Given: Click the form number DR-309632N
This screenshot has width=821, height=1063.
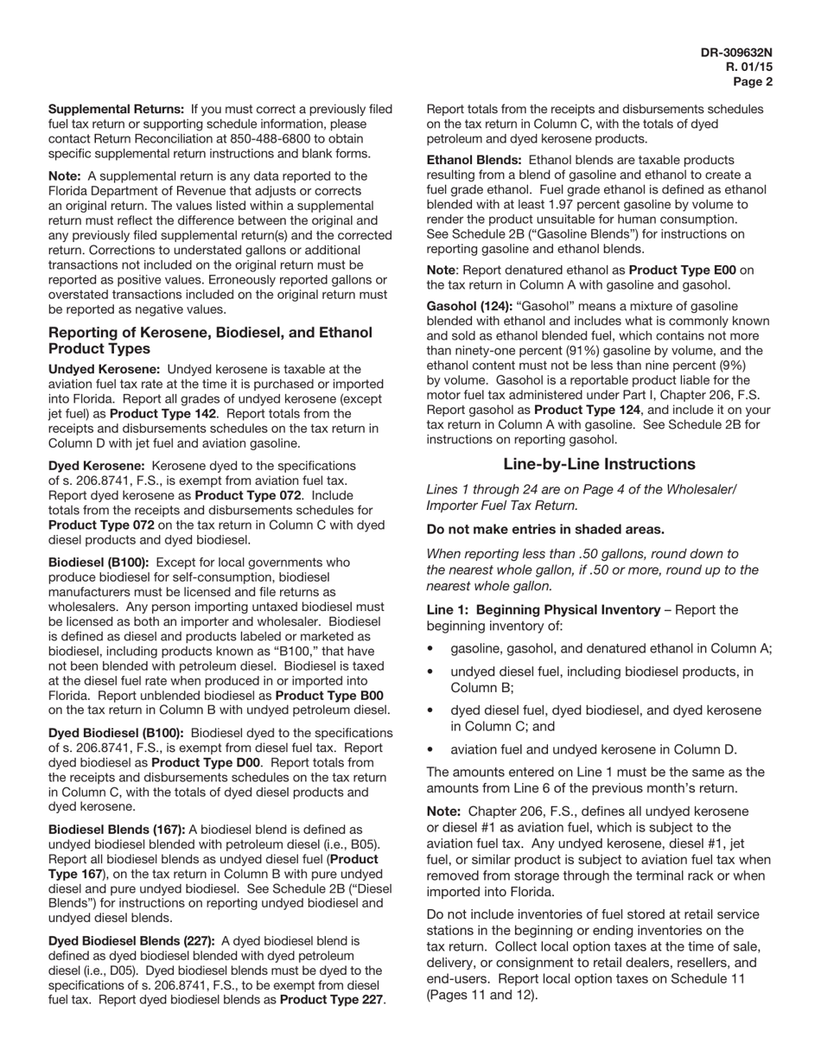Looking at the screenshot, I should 736,53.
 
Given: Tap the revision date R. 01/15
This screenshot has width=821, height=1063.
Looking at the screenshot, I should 748,67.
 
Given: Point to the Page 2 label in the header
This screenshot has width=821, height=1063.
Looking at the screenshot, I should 753,82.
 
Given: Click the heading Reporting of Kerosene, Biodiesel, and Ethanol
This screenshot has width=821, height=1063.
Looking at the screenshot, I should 210,333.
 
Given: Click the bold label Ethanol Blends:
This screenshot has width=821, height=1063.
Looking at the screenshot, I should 474,160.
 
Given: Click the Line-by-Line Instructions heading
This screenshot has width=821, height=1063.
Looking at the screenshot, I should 599,464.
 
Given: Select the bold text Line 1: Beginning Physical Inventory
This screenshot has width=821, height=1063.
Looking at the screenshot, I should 543,610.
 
